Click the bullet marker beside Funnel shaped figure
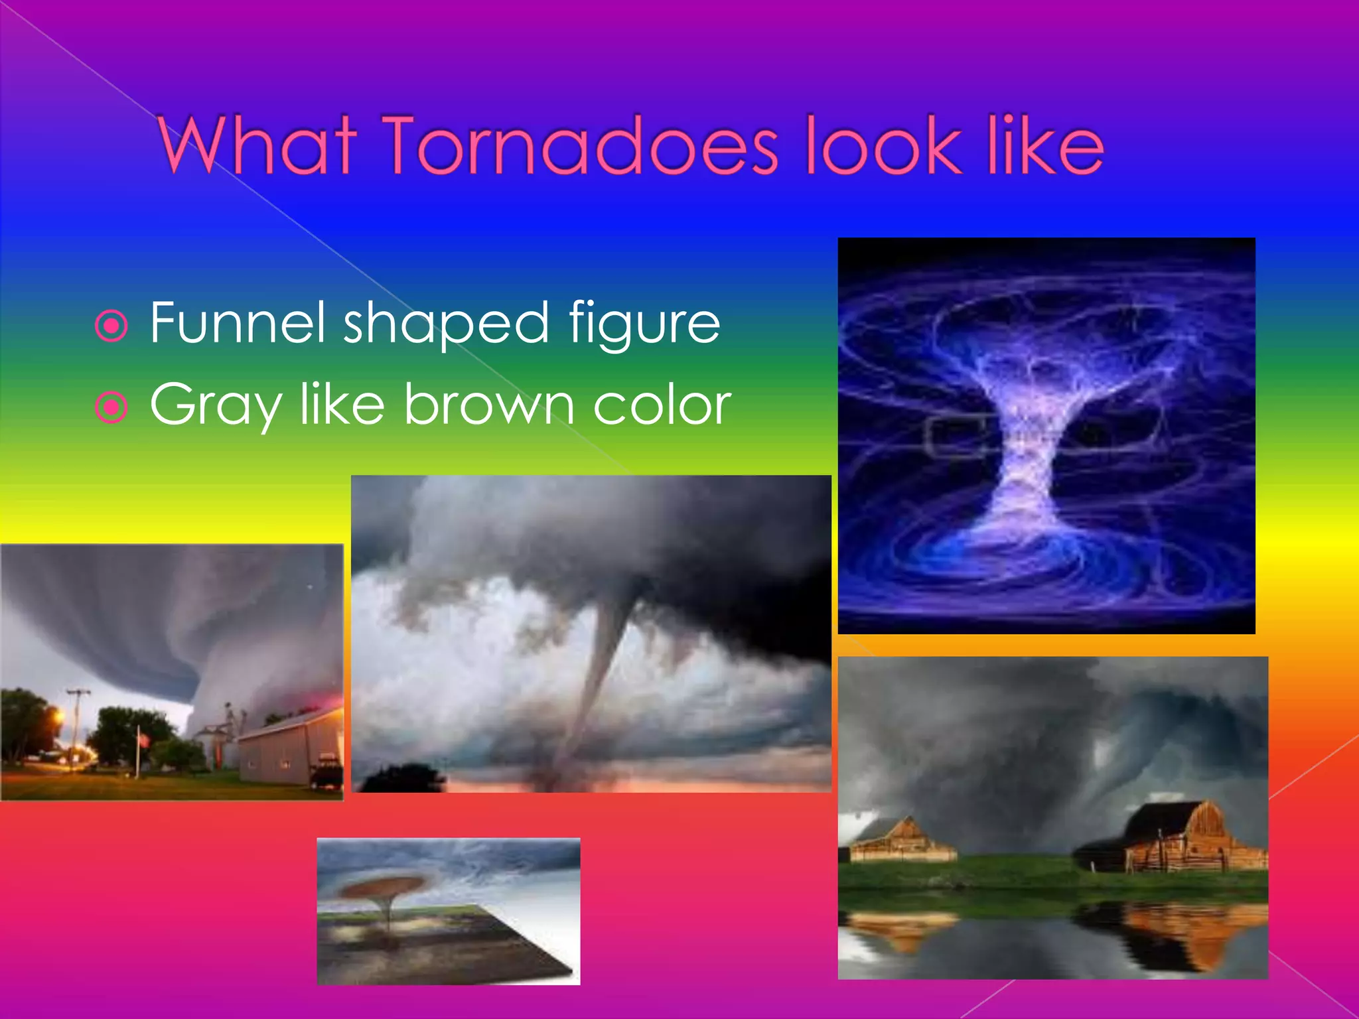(x=111, y=326)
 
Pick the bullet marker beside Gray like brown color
(x=111, y=407)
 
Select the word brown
(x=488, y=405)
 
